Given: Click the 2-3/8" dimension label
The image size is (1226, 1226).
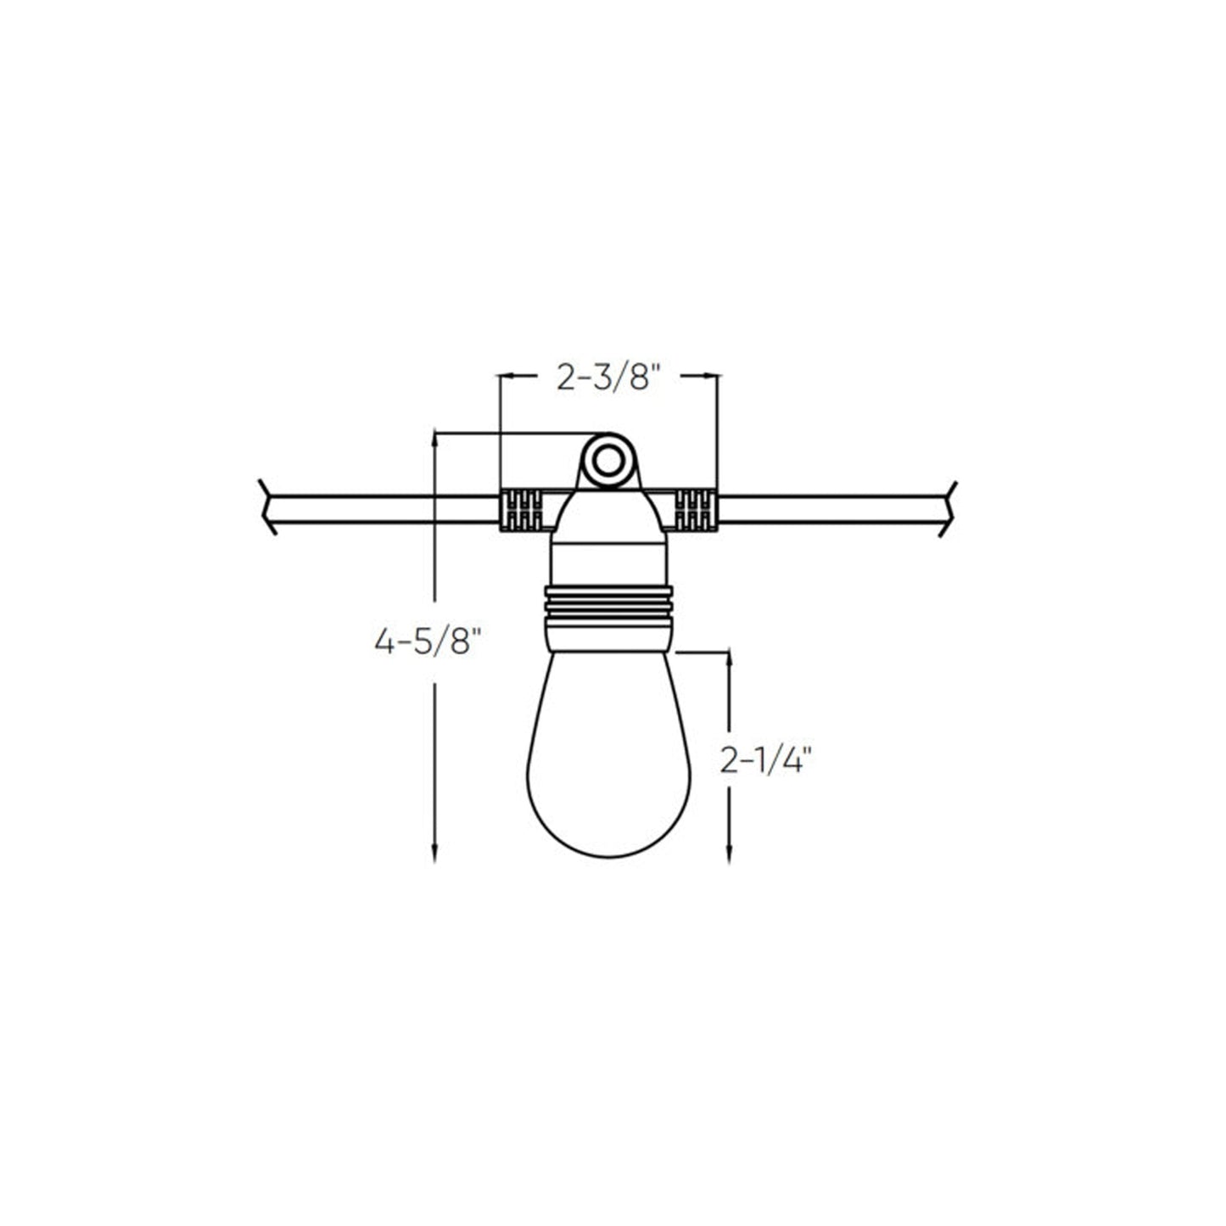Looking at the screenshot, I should (607, 378).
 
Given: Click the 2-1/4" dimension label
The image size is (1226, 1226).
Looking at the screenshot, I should (766, 761).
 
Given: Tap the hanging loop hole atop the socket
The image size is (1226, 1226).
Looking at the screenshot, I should (607, 462).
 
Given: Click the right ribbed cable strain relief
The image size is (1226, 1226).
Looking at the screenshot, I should (696, 510).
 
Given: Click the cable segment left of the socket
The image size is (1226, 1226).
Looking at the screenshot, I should (382, 509).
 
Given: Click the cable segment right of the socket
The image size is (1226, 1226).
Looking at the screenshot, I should (831, 509).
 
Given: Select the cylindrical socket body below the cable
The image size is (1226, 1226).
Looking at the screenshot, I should (608, 560).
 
